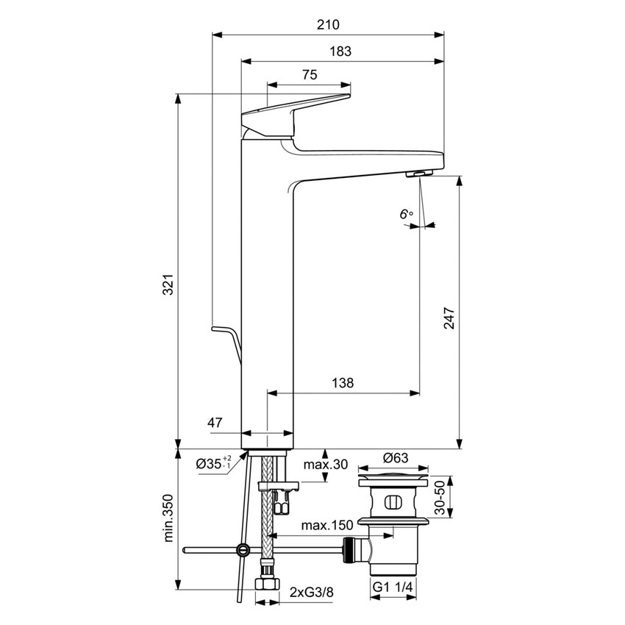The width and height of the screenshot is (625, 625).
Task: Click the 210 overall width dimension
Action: tap(328, 24)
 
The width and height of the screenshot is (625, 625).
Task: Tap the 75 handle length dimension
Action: tap(309, 74)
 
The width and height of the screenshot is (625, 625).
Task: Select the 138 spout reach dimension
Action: tap(343, 382)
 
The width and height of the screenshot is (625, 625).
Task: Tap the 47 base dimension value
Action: tap(215, 422)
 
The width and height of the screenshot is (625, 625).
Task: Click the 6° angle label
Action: tap(406, 214)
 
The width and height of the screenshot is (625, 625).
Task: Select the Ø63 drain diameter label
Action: tap(396, 457)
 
